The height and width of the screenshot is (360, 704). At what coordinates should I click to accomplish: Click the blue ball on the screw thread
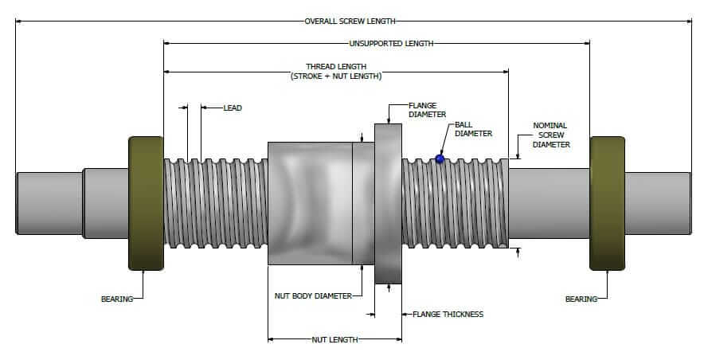pyautogui.click(x=439, y=159)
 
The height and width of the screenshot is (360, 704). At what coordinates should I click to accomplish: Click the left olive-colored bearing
pyautogui.click(x=145, y=202)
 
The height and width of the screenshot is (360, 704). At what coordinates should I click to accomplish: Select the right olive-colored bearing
pyautogui.click(x=607, y=202)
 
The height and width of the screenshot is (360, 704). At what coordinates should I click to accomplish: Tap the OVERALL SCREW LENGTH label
pyautogui.click(x=350, y=22)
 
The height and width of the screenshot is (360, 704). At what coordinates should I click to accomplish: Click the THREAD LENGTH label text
pyautogui.click(x=336, y=66)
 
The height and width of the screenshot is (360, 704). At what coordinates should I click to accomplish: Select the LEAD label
pyautogui.click(x=233, y=108)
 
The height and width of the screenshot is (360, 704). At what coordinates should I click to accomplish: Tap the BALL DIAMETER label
pyautogui.click(x=473, y=129)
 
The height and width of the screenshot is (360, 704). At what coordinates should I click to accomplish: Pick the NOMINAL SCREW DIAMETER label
pyautogui.click(x=551, y=135)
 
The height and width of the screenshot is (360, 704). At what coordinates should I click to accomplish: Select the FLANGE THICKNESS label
pyautogui.click(x=448, y=314)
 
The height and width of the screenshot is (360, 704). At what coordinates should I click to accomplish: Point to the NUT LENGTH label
pyautogui.click(x=334, y=339)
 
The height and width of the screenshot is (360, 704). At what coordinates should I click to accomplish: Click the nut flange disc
pyautogui.click(x=389, y=202)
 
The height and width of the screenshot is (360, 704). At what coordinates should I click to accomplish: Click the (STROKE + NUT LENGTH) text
pyautogui.click(x=336, y=76)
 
